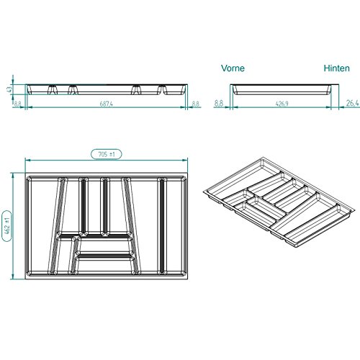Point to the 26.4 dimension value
tap(351, 104)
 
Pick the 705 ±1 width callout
tap(105, 153)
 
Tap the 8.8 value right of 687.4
tap(196, 104)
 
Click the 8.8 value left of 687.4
tap(17, 104)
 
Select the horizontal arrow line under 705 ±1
tap(105, 161)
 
